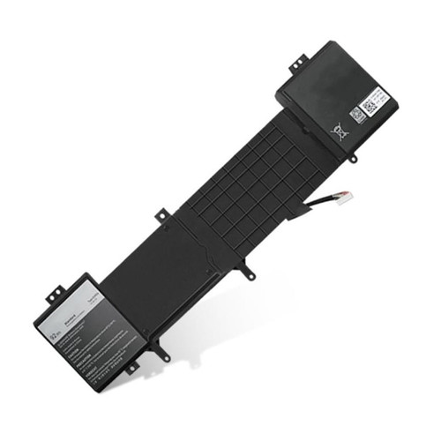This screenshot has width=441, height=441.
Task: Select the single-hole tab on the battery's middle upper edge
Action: [161, 214]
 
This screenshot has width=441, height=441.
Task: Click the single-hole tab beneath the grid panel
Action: [250, 274]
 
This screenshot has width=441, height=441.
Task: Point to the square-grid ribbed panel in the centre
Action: [247, 176]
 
